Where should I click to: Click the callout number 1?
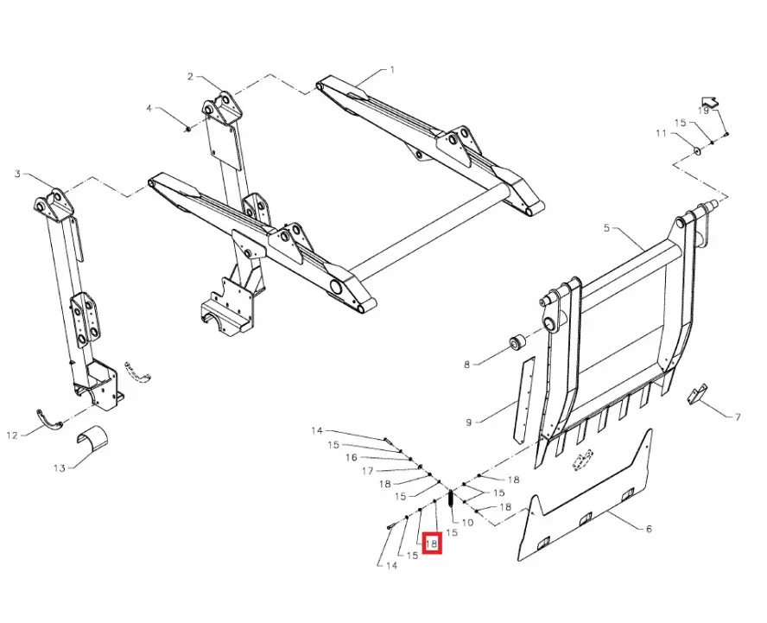pos(392,70)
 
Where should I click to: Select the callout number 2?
pos(190,76)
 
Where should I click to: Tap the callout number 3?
pos(17,174)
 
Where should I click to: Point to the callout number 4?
pos(150,108)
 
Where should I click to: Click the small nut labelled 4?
pos(187,129)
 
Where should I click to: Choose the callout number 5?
pos(606,228)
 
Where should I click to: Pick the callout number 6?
pos(649,529)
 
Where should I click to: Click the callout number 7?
pos(737,417)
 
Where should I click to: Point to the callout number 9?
pos(469,422)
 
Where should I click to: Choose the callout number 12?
pos(12,435)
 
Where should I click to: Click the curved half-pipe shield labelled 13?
pos(93,440)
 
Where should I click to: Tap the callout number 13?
pos(60,468)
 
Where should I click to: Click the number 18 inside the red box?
pos(432,544)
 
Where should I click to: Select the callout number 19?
pos(703,111)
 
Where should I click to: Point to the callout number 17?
pos(368,471)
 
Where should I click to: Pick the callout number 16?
pos(352,458)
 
